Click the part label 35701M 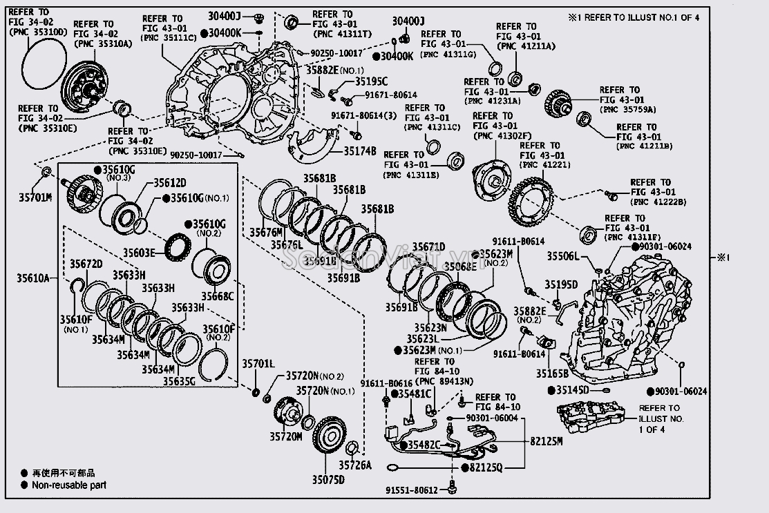point(35,198)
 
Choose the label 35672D point(86,264)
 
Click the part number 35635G point(179,380)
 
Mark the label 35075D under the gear point(327,478)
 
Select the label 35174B point(360,151)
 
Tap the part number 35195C point(372,81)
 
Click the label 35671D point(428,247)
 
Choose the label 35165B point(553,373)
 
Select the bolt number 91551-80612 point(412,490)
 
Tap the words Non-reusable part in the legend point(69,485)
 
